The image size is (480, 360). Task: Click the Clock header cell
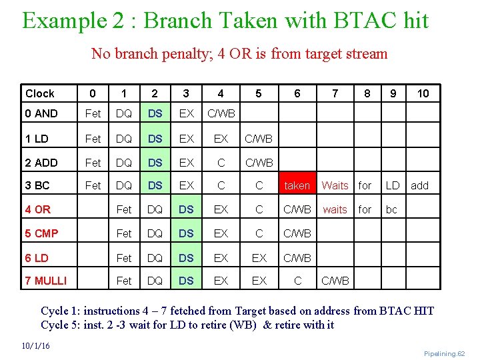(x=40, y=94)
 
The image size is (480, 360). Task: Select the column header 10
(x=423, y=94)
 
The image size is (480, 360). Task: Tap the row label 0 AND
(x=41, y=113)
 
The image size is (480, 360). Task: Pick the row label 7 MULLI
(x=45, y=281)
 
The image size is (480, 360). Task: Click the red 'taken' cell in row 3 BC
(x=297, y=185)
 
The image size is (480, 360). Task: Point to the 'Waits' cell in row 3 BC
(x=335, y=185)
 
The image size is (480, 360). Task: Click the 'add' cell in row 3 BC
(x=420, y=185)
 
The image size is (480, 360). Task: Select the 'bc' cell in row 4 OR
(x=391, y=209)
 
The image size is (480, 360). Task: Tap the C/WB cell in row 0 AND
(x=221, y=113)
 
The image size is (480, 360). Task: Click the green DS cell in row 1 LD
(x=155, y=138)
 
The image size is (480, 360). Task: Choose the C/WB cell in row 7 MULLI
(x=335, y=281)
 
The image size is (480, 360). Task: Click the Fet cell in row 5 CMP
(x=124, y=233)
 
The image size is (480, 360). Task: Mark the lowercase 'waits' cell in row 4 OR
(x=335, y=209)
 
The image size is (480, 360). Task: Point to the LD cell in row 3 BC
(x=393, y=185)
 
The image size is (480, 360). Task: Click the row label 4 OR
(x=37, y=209)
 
